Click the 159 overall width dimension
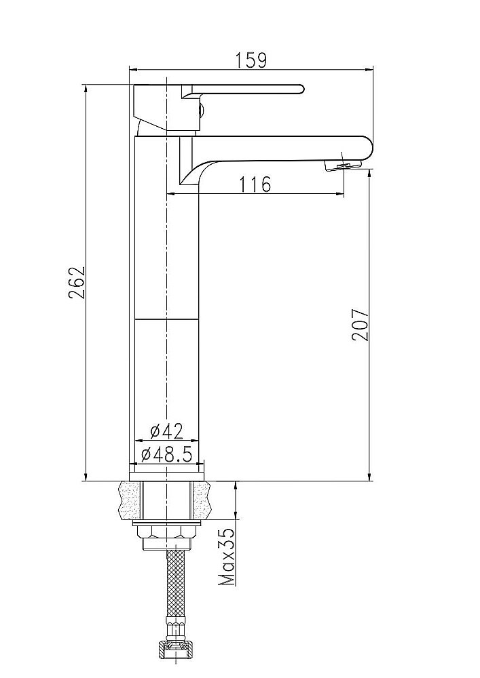[x=251, y=60]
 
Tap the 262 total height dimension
[x=76, y=283]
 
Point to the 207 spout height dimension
[x=360, y=325]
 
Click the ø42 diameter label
[x=166, y=431]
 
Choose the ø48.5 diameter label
[x=166, y=454]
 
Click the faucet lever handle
[x=243, y=90]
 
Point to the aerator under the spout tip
[x=344, y=165]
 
